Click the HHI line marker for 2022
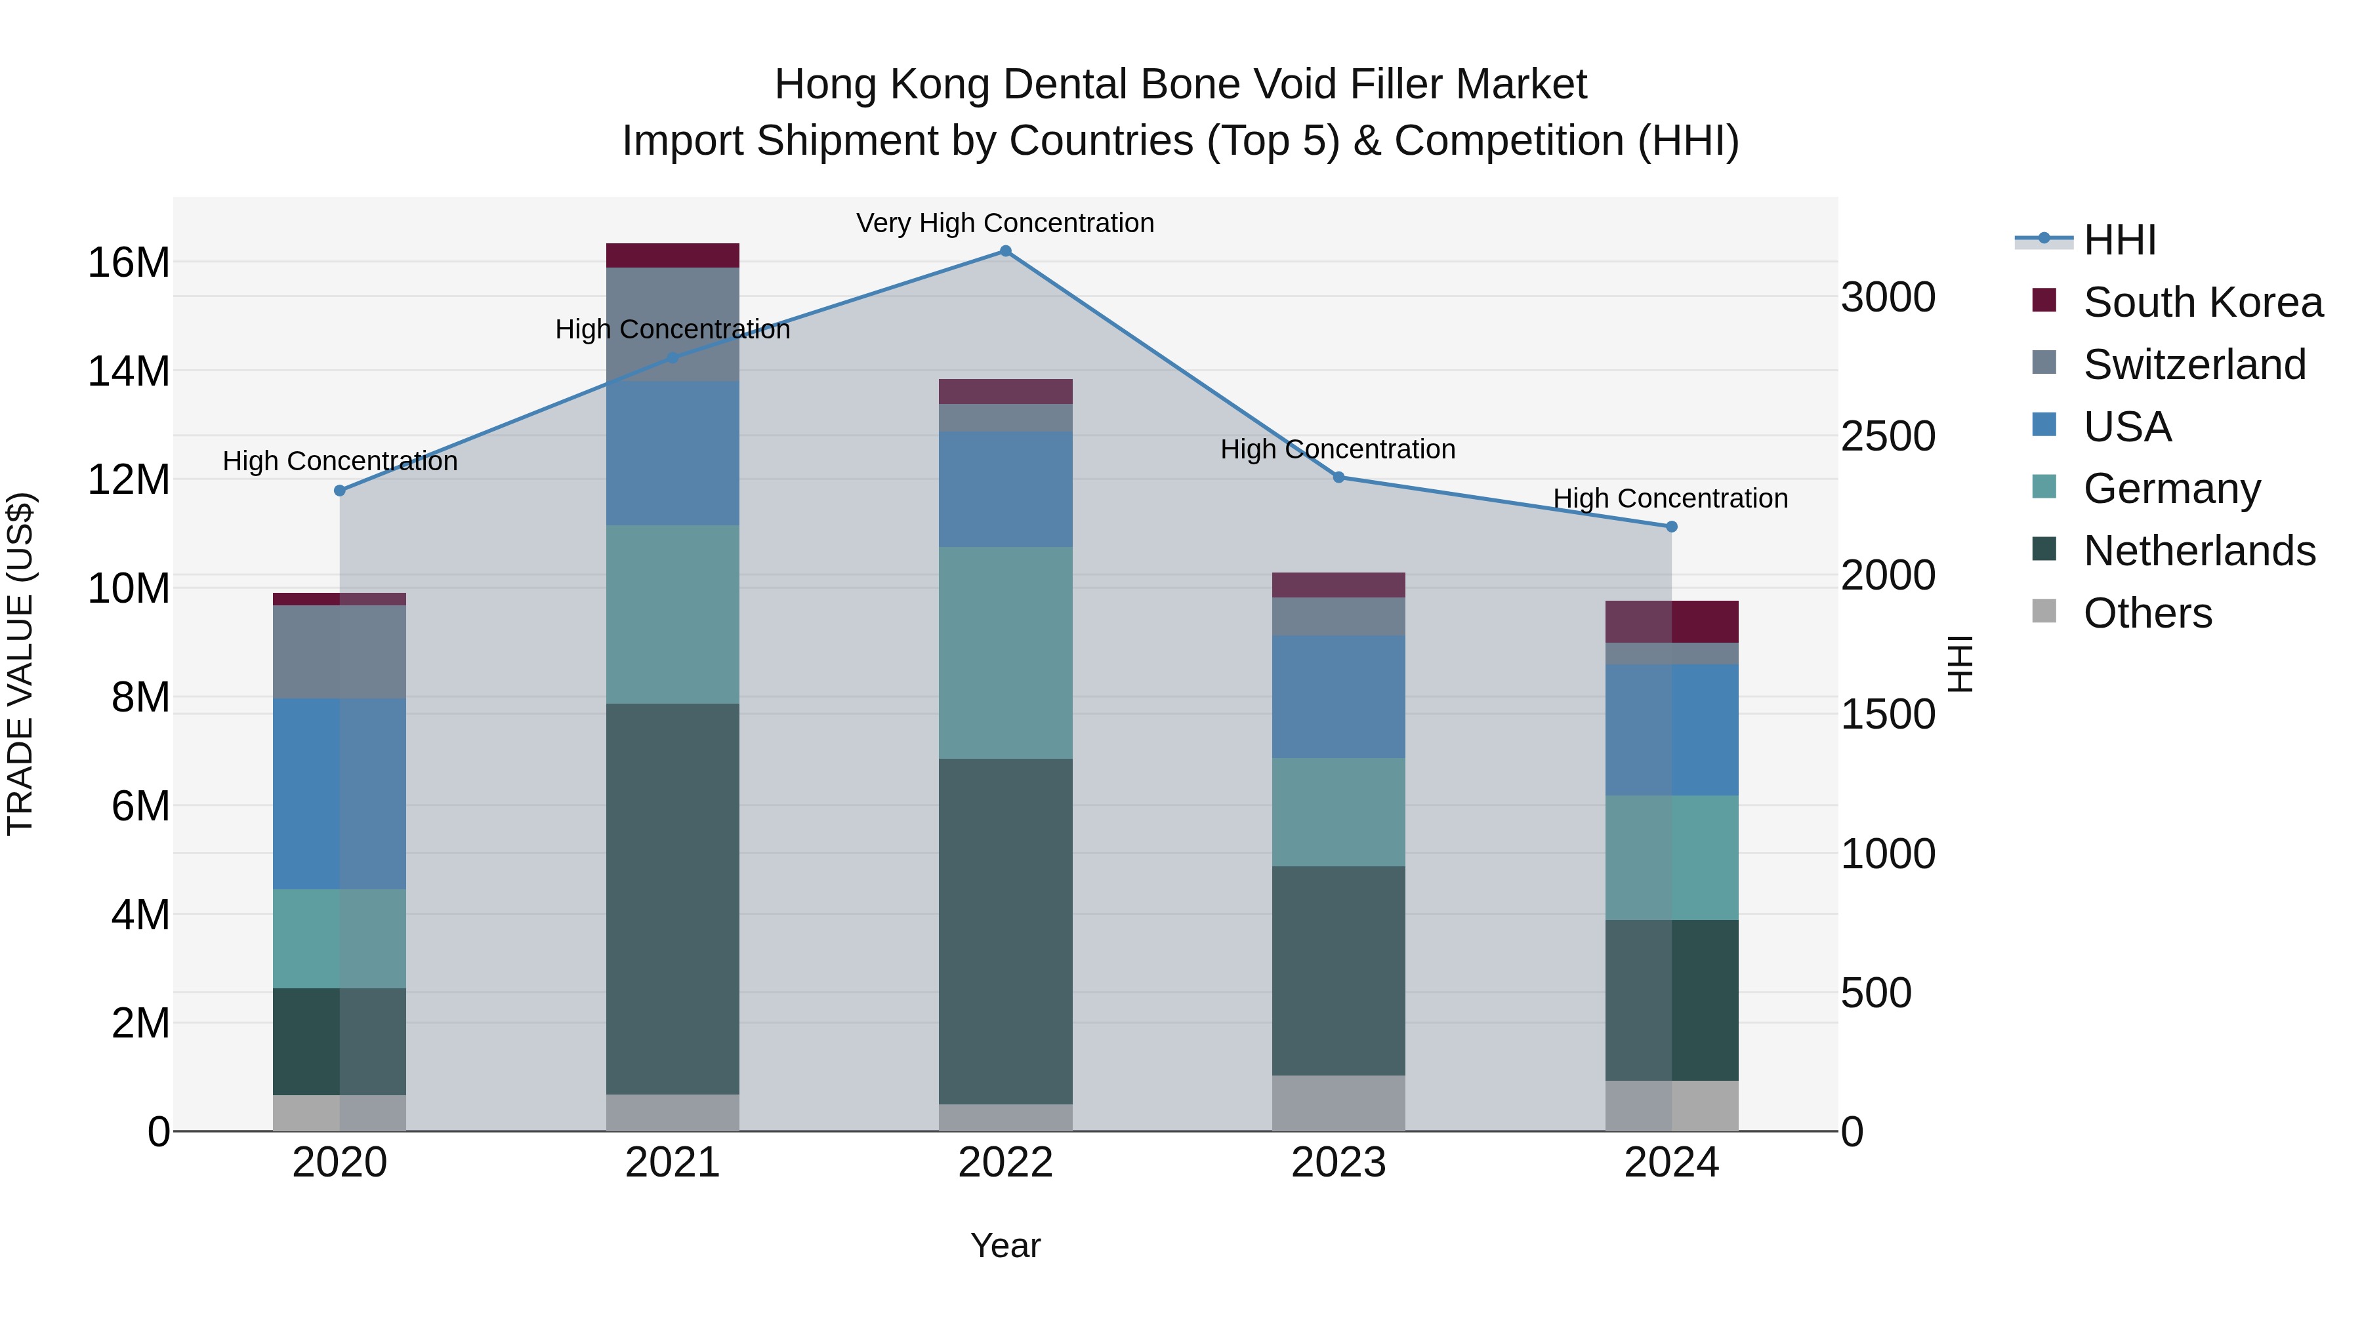point(1005,251)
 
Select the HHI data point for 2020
point(339,491)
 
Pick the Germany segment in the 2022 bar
point(1005,653)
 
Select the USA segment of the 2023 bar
point(1338,696)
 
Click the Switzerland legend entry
point(2194,365)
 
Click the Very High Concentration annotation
point(1005,224)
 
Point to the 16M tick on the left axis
point(129,263)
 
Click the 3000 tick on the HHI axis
point(1888,298)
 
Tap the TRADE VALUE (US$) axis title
point(21,664)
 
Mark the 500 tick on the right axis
point(1876,994)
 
